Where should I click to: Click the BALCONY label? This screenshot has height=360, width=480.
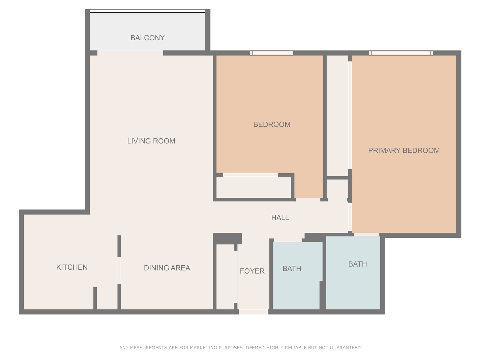[147, 38]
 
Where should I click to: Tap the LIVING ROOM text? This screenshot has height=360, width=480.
[151, 141]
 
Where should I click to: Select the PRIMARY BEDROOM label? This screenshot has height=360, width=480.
[404, 150]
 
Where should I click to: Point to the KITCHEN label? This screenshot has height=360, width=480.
[72, 267]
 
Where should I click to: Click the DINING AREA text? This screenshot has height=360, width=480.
[167, 268]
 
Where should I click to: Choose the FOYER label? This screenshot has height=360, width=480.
[252, 271]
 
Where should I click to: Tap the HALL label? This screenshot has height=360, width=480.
[280, 217]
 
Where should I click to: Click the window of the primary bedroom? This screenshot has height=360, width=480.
[401, 53]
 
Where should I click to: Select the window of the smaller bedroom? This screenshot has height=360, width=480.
[271, 53]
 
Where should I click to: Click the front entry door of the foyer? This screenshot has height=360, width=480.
[253, 312]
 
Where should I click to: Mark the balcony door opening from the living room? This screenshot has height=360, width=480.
[130, 53]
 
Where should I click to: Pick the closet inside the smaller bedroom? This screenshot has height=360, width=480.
[253, 187]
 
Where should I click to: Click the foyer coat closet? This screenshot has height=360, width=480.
[225, 277]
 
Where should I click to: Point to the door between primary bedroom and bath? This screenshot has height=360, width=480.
[366, 235]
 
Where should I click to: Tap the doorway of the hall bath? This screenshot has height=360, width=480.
[288, 240]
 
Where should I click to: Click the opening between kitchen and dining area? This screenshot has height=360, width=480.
[119, 270]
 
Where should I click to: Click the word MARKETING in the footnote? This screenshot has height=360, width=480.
[204, 348]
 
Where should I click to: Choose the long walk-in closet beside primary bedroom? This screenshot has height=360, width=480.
[337, 115]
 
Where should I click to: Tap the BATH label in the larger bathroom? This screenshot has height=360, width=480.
[357, 264]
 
